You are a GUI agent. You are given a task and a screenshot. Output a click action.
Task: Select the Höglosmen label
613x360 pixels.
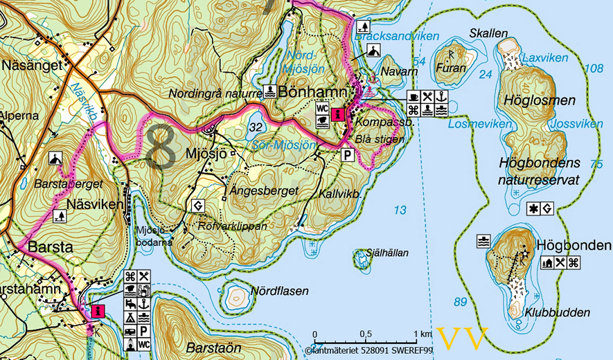[546, 101]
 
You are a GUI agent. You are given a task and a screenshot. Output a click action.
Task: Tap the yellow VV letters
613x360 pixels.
[463, 338]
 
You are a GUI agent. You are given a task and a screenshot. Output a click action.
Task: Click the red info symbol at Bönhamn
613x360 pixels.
[337, 114]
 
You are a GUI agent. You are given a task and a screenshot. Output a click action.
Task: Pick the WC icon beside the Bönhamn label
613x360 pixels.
[321, 108]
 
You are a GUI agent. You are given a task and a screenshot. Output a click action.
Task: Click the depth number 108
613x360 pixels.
[594, 69]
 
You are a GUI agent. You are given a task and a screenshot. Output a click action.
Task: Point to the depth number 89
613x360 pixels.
[460, 302]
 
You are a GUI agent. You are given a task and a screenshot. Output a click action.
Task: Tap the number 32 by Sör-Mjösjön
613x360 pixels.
[256, 127]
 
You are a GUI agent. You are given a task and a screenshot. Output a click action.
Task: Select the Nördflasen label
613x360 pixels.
[280, 291]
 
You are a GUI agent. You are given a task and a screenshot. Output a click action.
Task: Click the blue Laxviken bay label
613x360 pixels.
[545, 58]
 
